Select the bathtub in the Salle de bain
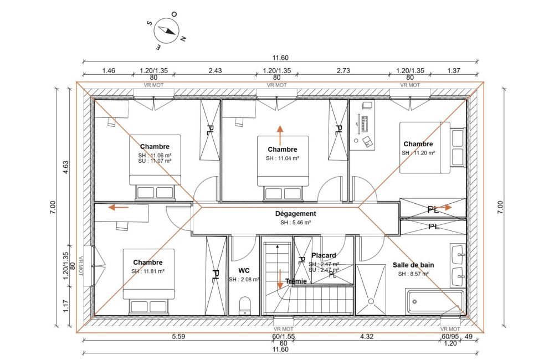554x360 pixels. click(434, 302)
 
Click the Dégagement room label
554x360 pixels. click(295, 214)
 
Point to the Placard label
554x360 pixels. click(324, 255)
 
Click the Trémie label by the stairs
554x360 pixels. click(296, 281)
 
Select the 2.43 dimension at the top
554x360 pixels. click(215, 71)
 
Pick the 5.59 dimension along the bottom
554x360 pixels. click(178, 336)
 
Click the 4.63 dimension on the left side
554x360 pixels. click(66, 168)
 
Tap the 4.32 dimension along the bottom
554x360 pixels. click(367, 336)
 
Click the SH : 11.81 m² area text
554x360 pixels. click(148, 271)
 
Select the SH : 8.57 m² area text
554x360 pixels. click(413, 274)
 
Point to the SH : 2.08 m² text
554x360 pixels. click(244, 280)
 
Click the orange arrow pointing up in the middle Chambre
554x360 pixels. click(280, 135)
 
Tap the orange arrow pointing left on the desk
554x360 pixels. click(118, 207)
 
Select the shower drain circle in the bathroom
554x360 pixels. click(371, 301)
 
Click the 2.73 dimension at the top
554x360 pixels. click(343, 71)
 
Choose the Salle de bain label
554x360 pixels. click(413, 265)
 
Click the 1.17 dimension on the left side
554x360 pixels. click(66, 306)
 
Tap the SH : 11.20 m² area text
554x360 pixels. click(418, 153)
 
